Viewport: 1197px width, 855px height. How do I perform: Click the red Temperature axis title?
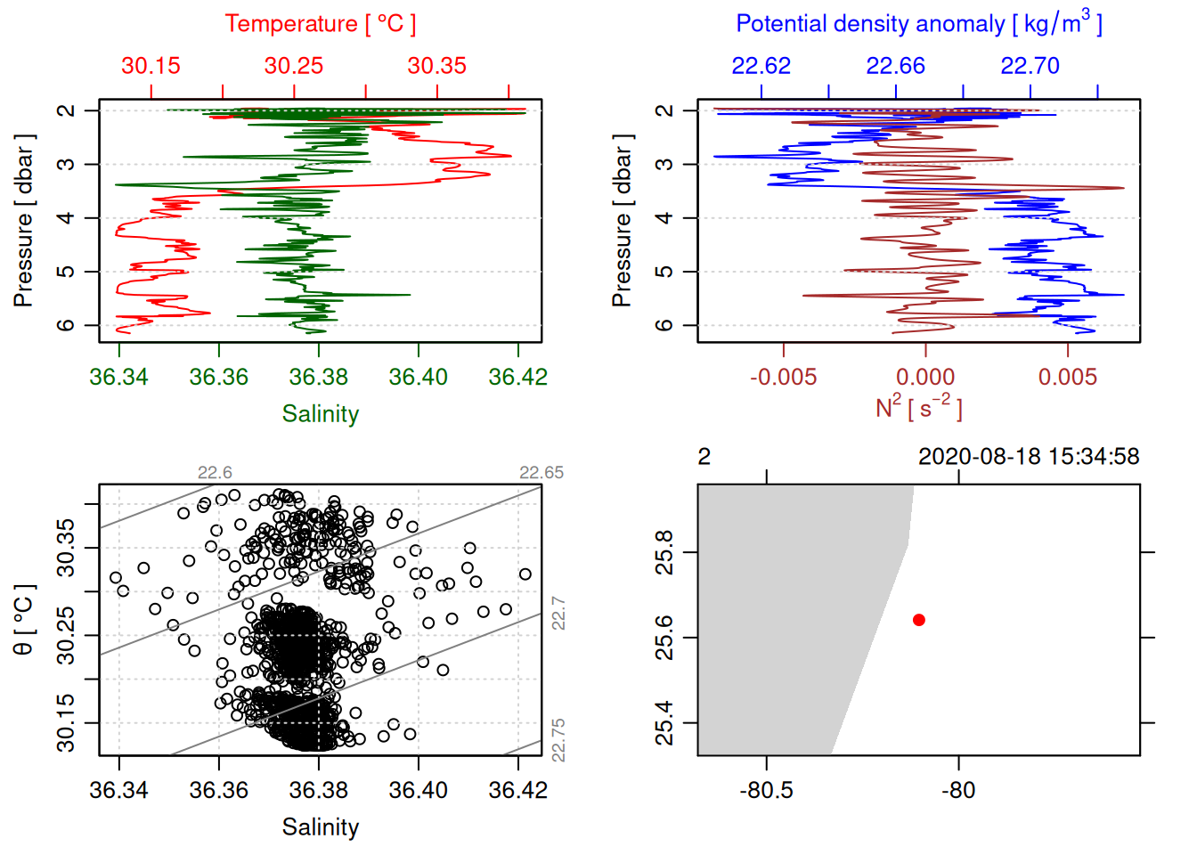[320, 24]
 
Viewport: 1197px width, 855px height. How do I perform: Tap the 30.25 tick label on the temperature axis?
[294, 66]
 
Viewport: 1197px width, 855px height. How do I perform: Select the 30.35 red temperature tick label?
[436, 66]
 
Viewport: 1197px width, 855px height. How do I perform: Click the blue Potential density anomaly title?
[918, 23]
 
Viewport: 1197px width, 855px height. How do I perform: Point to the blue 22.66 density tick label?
[895, 66]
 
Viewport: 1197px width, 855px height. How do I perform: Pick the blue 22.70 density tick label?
[1030, 66]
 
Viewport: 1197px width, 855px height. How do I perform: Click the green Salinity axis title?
[320, 414]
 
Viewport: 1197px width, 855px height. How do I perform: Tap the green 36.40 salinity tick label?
[418, 377]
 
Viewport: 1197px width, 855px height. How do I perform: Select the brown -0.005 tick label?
[783, 377]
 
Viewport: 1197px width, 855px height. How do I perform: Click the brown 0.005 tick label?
[1067, 377]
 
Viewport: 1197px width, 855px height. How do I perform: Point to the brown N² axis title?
[918, 407]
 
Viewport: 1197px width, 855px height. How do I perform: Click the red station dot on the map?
[918, 620]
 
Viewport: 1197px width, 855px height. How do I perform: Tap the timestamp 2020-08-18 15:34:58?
[1029, 457]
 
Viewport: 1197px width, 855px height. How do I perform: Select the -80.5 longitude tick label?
[766, 790]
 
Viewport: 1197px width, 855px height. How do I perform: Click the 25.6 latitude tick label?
[664, 638]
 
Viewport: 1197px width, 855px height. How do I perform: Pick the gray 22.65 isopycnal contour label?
[541, 473]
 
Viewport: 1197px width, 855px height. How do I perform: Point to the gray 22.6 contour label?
[215, 473]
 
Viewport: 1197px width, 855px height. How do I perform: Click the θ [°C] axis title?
[24, 620]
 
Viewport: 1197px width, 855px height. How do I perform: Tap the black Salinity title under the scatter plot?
[320, 827]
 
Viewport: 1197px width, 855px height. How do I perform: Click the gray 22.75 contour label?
[558, 740]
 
